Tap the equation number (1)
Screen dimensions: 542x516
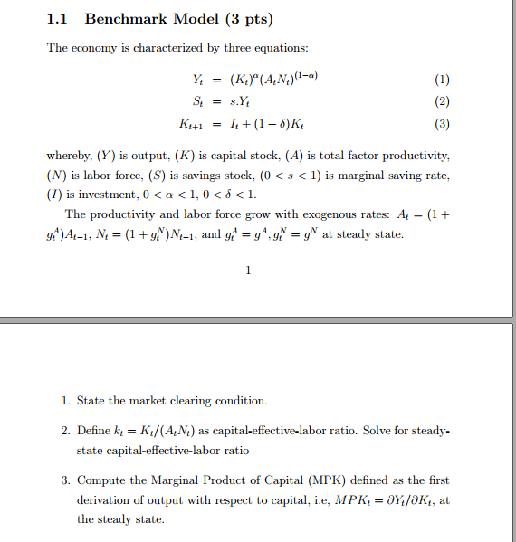point(441,79)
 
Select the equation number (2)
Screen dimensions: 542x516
point(441,101)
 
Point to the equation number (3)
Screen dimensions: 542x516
point(441,124)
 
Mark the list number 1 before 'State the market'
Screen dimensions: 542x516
point(65,400)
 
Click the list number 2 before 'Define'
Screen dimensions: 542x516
point(65,431)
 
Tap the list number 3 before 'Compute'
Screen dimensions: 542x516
point(65,480)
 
